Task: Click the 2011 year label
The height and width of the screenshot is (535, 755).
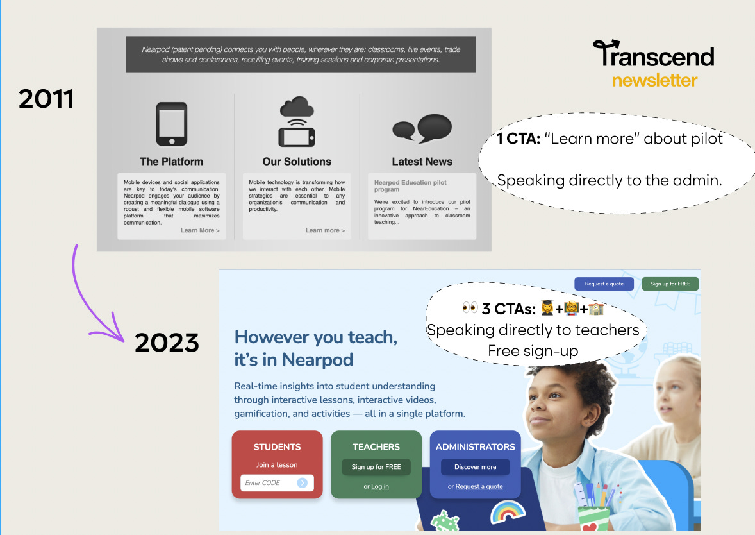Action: (46, 99)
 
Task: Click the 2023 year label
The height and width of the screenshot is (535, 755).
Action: (167, 343)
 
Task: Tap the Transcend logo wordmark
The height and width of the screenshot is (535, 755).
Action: (653, 55)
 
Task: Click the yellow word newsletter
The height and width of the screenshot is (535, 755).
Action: (654, 81)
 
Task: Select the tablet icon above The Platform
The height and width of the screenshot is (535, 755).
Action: (172, 124)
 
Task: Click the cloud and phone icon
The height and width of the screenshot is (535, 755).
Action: (297, 122)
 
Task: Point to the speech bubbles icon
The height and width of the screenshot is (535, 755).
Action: (422, 128)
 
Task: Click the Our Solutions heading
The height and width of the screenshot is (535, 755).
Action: (297, 162)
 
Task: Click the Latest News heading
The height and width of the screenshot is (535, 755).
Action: (422, 162)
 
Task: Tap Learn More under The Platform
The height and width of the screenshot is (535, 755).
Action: (200, 230)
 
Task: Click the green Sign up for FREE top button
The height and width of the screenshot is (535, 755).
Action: (670, 284)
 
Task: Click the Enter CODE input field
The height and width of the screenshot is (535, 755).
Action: (268, 483)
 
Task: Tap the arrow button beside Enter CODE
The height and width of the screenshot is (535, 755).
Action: (303, 483)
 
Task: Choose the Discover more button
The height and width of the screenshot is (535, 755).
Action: (476, 467)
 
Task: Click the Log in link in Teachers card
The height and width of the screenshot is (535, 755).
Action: (380, 486)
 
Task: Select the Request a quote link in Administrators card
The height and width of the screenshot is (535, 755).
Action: (479, 486)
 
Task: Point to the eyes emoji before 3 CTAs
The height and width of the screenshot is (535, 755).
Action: (470, 309)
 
